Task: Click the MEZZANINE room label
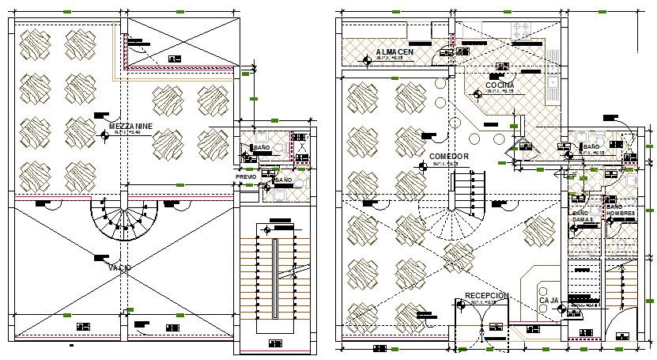tap(130, 126)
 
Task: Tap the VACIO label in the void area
tap(119, 268)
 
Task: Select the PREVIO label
tap(246, 177)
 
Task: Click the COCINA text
tap(500, 85)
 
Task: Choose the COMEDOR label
tap(449, 157)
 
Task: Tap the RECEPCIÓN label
tap(486, 295)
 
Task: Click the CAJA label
tap(549, 301)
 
